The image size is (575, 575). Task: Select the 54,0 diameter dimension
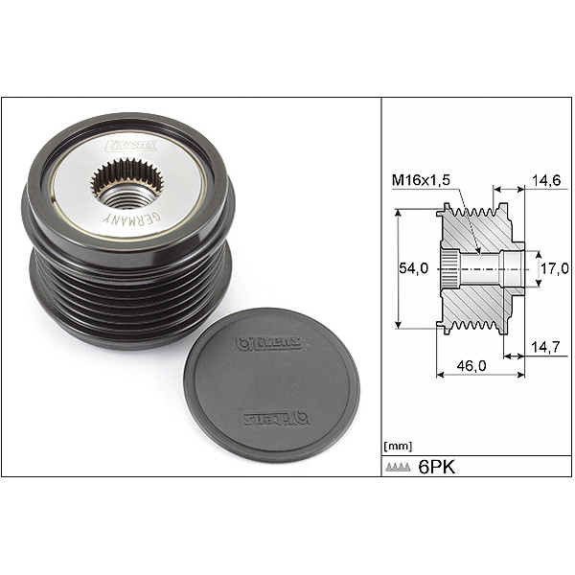coord(413,269)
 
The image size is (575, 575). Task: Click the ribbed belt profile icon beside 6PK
coord(398,468)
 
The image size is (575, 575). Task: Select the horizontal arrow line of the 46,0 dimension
coord(479,377)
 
